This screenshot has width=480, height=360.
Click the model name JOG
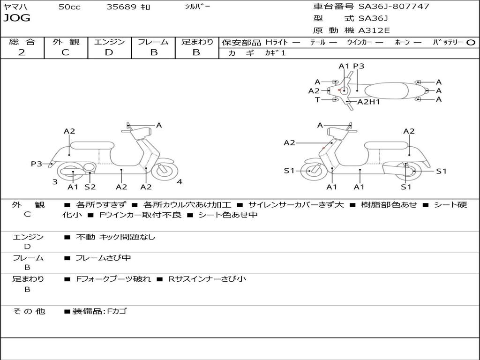[x=16, y=18]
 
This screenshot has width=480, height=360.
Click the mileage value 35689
[x=121, y=7]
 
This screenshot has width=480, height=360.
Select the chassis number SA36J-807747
[x=394, y=7]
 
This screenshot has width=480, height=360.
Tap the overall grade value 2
[x=22, y=52]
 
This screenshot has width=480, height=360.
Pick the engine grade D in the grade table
[x=109, y=52]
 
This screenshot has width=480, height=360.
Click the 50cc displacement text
[x=69, y=7]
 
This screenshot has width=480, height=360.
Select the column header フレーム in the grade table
[x=153, y=42]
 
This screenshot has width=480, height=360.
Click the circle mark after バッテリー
[x=471, y=42]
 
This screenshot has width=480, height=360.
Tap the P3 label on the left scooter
[x=37, y=164]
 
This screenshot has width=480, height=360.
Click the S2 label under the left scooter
[x=90, y=187]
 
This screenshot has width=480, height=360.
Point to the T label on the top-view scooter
[x=317, y=99]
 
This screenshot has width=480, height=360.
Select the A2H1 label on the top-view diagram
[x=368, y=102]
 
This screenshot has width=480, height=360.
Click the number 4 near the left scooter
[x=180, y=182]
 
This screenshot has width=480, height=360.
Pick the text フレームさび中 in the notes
[x=103, y=258]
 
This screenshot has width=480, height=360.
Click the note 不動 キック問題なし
[x=115, y=237]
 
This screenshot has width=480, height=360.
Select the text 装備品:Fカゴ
[x=99, y=311]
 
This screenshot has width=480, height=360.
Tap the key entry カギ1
[x=275, y=53]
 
